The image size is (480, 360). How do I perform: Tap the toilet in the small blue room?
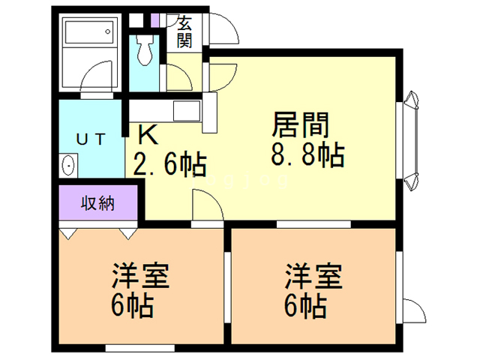[x=145, y=50]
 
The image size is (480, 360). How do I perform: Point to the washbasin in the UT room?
[x=68, y=164]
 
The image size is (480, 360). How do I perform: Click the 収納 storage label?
[x=97, y=202]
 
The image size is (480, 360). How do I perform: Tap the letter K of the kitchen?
[x=148, y=136]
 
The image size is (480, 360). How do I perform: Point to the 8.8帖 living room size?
[x=307, y=155]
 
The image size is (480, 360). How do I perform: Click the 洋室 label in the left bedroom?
[x=141, y=275]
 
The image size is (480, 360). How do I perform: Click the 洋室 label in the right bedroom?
[x=313, y=275]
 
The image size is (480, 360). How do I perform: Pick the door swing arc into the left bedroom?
[x=205, y=205]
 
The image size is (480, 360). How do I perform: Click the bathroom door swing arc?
[x=96, y=79]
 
